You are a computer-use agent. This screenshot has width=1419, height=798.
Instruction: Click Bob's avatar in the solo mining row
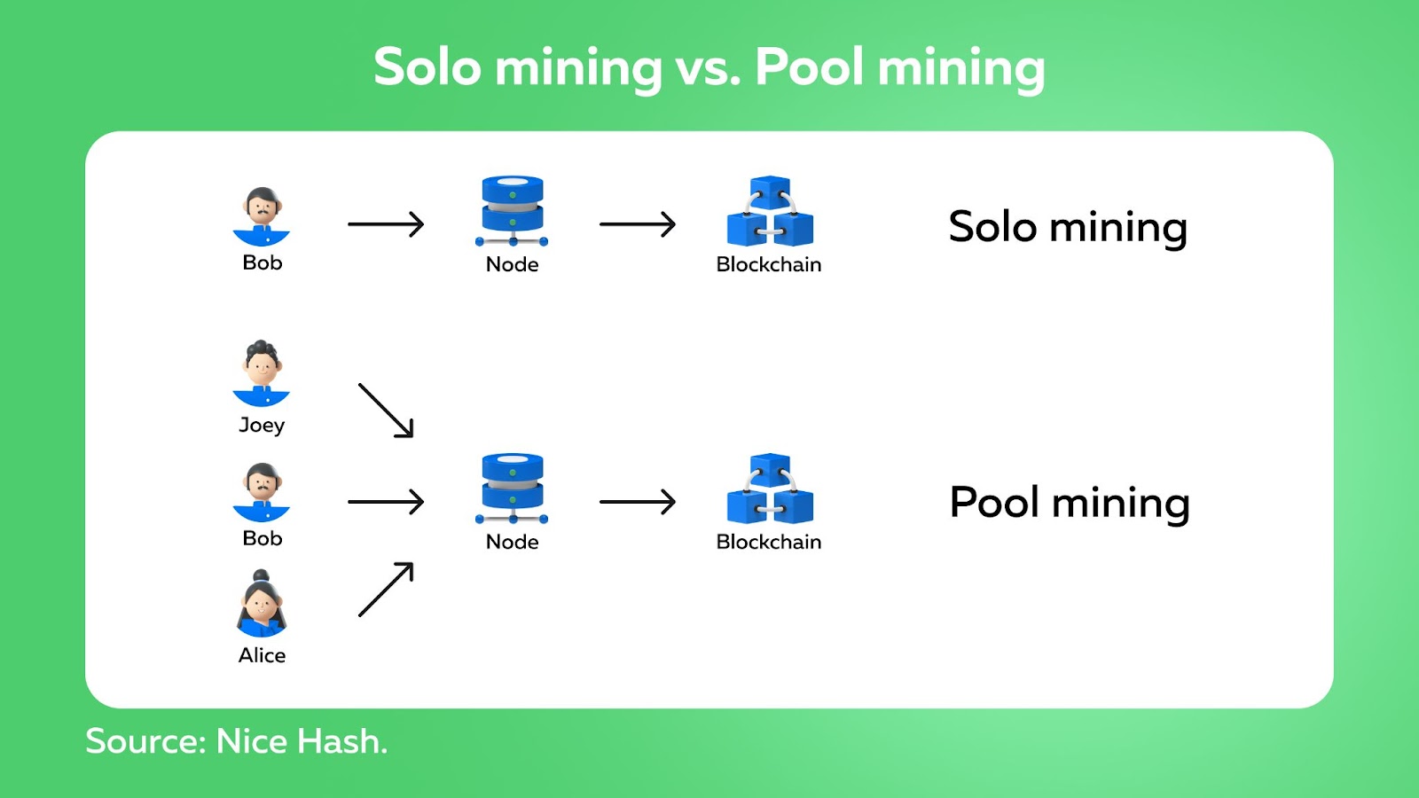[x=261, y=216]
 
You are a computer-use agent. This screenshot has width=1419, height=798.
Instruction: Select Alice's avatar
[x=261, y=604]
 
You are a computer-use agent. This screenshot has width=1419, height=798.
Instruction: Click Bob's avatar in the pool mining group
[x=261, y=492]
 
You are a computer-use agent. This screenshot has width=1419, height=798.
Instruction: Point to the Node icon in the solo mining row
[x=512, y=211]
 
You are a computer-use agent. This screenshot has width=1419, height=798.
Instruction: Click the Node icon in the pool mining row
[x=512, y=489]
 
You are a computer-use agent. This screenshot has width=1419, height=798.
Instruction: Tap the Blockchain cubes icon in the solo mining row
[x=770, y=211]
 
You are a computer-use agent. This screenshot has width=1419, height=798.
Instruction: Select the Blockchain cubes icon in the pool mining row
[x=770, y=489]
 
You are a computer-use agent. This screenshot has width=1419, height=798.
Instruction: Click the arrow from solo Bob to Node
[x=386, y=224]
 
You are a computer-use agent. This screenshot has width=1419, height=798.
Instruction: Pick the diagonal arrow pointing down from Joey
[x=386, y=411]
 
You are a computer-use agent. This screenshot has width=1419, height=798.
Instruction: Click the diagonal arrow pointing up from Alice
[x=386, y=589]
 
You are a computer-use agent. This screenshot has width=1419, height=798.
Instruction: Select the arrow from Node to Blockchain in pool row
[x=638, y=502]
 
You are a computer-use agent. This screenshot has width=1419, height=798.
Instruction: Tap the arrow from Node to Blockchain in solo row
[x=638, y=224]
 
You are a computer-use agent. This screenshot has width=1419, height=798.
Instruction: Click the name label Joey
[x=262, y=425]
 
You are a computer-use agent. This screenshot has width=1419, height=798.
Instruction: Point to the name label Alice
[x=262, y=655]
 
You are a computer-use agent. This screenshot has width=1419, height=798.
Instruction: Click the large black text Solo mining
[x=1068, y=227]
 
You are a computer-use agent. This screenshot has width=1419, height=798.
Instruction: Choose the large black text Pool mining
[x=1070, y=503]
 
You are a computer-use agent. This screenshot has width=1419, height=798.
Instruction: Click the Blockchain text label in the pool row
[x=768, y=542]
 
